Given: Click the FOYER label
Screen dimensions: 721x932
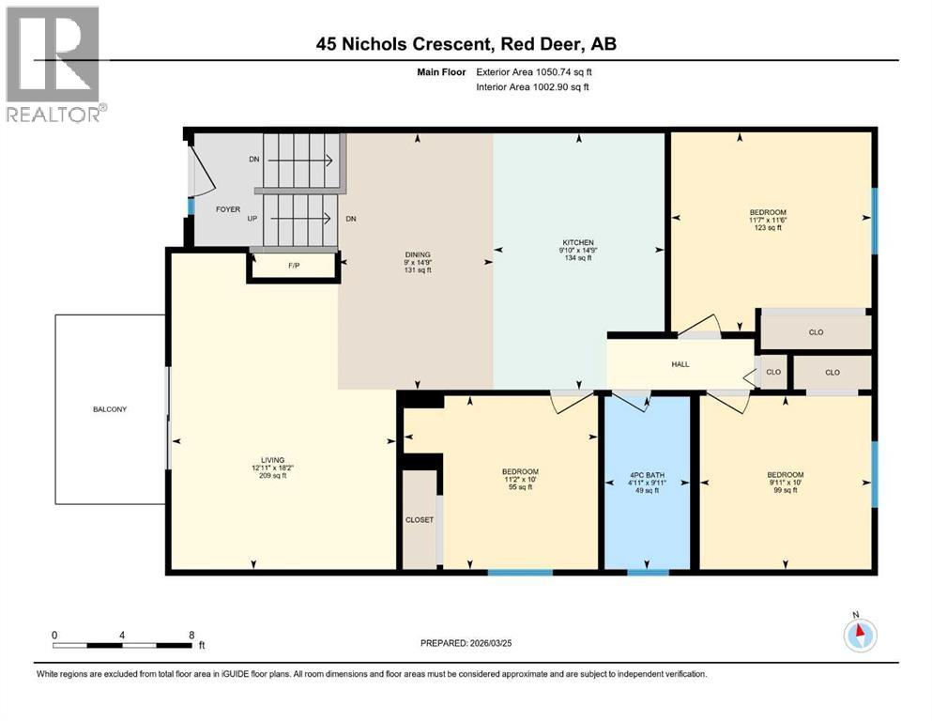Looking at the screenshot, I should [228, 209].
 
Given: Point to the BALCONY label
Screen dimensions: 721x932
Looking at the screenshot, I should [110, 409].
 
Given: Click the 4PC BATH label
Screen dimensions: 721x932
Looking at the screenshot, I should [648, 477].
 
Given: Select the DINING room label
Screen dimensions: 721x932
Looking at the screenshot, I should [417, 254].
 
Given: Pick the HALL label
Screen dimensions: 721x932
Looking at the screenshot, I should [681, 364].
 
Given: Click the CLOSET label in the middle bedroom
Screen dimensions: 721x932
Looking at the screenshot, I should [420, 519].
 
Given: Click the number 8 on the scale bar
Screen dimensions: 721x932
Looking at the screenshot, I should [191, 634].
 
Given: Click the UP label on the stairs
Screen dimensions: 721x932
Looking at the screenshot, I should [252, 218].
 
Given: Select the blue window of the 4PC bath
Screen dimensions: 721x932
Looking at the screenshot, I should [648, 572].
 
